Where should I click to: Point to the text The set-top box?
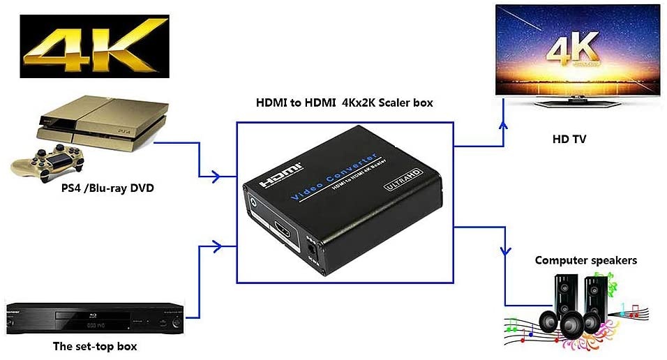click(96, 346)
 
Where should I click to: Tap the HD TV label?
click(569, 140)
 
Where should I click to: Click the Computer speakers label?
click(585, 260)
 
